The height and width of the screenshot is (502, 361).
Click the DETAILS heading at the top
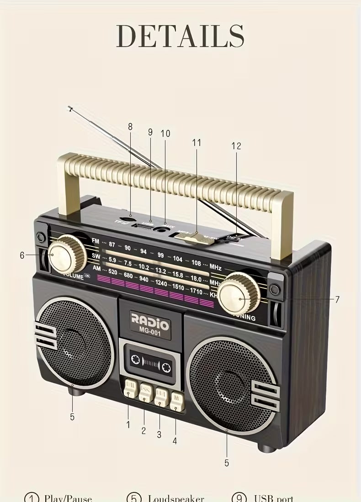[180, 36]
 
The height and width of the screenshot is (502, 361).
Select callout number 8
[130, 127]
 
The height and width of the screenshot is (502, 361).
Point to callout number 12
[236, 146]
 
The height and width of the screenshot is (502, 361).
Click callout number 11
[196, 143]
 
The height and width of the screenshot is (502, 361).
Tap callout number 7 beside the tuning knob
[337, 300]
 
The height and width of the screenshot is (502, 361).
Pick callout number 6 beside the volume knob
[22, 256]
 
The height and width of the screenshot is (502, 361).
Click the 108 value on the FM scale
[196, 263]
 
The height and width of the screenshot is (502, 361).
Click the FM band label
[95, 241]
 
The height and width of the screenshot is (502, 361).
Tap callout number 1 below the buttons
[128, 424]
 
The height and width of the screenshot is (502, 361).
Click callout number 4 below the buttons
[175, 441]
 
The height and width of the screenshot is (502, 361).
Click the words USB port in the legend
[273, 498]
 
